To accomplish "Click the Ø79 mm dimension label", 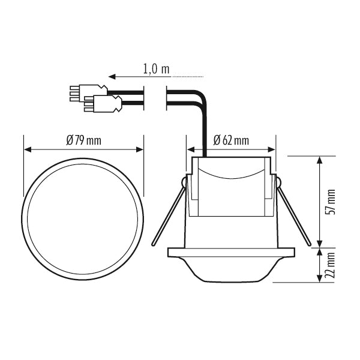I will (83, 140).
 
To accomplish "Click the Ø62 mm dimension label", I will (232, 141).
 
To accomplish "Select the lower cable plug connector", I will (102, 105).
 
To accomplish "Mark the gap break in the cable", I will (155, 98).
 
